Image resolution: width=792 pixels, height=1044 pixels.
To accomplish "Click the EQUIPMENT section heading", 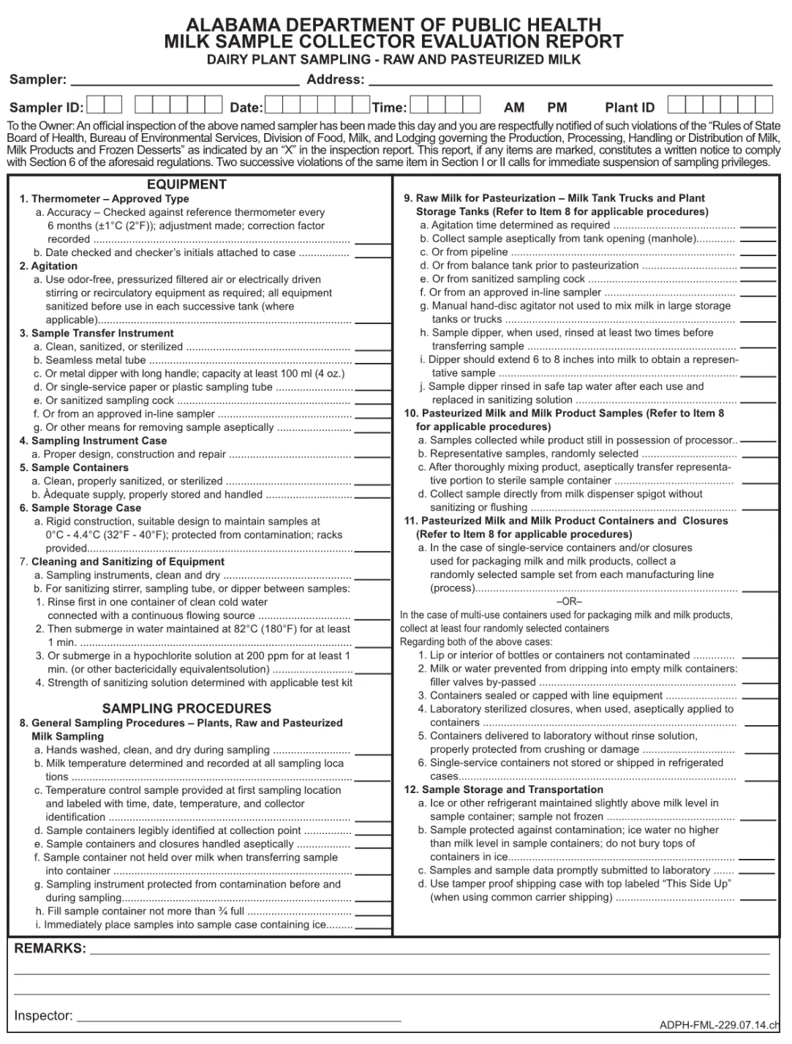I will click(x=186, y=184).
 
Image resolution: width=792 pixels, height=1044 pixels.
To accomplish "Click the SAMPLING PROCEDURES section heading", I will click(x=186, y=708).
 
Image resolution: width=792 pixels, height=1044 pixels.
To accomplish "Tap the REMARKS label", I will click(x=50, y=948).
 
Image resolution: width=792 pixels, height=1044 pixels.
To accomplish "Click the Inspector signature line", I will click(x=239, y=1018).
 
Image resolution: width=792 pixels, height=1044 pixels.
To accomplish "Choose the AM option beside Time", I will click(x=514, y=108).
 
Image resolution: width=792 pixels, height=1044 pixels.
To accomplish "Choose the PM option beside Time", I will click(x=557, y=108).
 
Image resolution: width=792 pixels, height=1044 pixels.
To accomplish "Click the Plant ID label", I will click(x=630, y=108).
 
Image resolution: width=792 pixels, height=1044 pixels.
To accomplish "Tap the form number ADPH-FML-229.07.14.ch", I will click(x=719, y=1025).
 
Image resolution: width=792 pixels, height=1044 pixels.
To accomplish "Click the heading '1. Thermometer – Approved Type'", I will click(x=104, y=198).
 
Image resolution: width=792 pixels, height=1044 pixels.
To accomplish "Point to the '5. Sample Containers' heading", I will click(x=74, y=467).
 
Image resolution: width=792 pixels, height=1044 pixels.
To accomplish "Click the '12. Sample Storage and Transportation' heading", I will click(x=504, y=789).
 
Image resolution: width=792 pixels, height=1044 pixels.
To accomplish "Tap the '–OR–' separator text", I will click(x=569, y=601).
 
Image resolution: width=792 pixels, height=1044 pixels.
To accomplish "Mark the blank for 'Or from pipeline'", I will click(x=758, y=254).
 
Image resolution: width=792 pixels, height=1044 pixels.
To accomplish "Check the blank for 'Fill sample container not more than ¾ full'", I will click(x=372, y=914).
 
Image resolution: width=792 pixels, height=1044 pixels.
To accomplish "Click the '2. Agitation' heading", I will click(x=48, y=266).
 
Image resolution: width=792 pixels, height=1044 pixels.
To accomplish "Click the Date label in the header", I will click(x=246, y=108).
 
